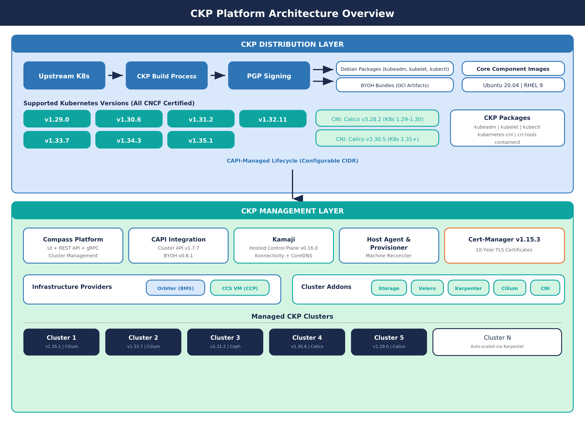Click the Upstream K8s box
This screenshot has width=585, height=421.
point(64,76)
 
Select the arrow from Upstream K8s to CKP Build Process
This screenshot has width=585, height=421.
point(115,76)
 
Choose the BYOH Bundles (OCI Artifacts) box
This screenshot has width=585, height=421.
point(395,85)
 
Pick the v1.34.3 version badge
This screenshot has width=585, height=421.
point(129,140)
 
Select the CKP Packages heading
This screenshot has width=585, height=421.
point(507,118)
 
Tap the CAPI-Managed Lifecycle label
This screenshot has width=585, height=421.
point(292,161)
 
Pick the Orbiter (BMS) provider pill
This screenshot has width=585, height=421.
point(175,288)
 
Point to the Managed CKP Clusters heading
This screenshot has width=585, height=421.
point(292,316)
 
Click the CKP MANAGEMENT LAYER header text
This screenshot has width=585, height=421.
point(292,211)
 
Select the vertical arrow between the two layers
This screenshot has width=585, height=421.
point(292,184)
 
